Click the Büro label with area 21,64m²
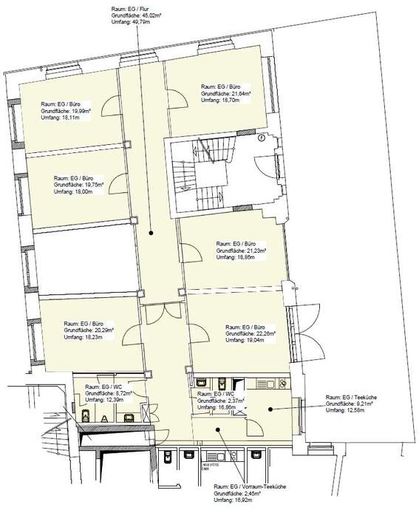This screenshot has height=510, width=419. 225,93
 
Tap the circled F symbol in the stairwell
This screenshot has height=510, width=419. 261,138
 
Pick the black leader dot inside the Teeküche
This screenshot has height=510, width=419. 270,408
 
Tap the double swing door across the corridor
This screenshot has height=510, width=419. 159,313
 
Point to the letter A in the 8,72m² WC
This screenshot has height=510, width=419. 104,418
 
